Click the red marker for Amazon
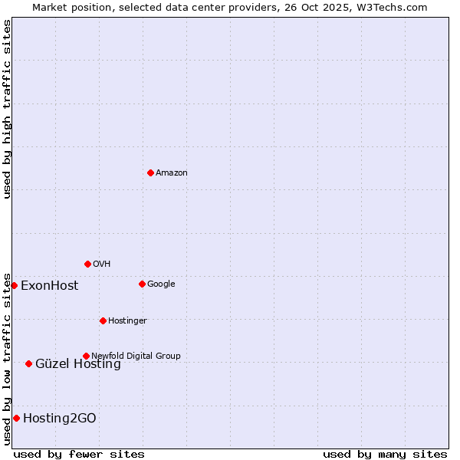[x=150, y=172]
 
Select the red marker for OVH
[x=87, y=264]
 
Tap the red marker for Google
[x=142, y=284]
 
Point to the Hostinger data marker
[x=103, y=320]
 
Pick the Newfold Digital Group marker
[x=86, y=356]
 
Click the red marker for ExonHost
[x=14, y=285]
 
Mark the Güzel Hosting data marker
[x=28, y=363]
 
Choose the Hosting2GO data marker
[x=16, y=418]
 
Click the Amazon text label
[x=172, y=173]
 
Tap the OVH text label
[x=102, y=264]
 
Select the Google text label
[x=161, y=284]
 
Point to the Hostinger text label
[x=127, y=320]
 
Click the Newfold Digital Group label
[x=136, y=356]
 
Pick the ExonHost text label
[x=49, y=286]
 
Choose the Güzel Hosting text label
[x=78, y=364]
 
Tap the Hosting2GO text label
[x=60, y=419]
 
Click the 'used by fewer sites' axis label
[x=79, y=454]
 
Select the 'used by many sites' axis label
[x=385, y=454]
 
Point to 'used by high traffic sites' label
[x=7, y=109]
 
